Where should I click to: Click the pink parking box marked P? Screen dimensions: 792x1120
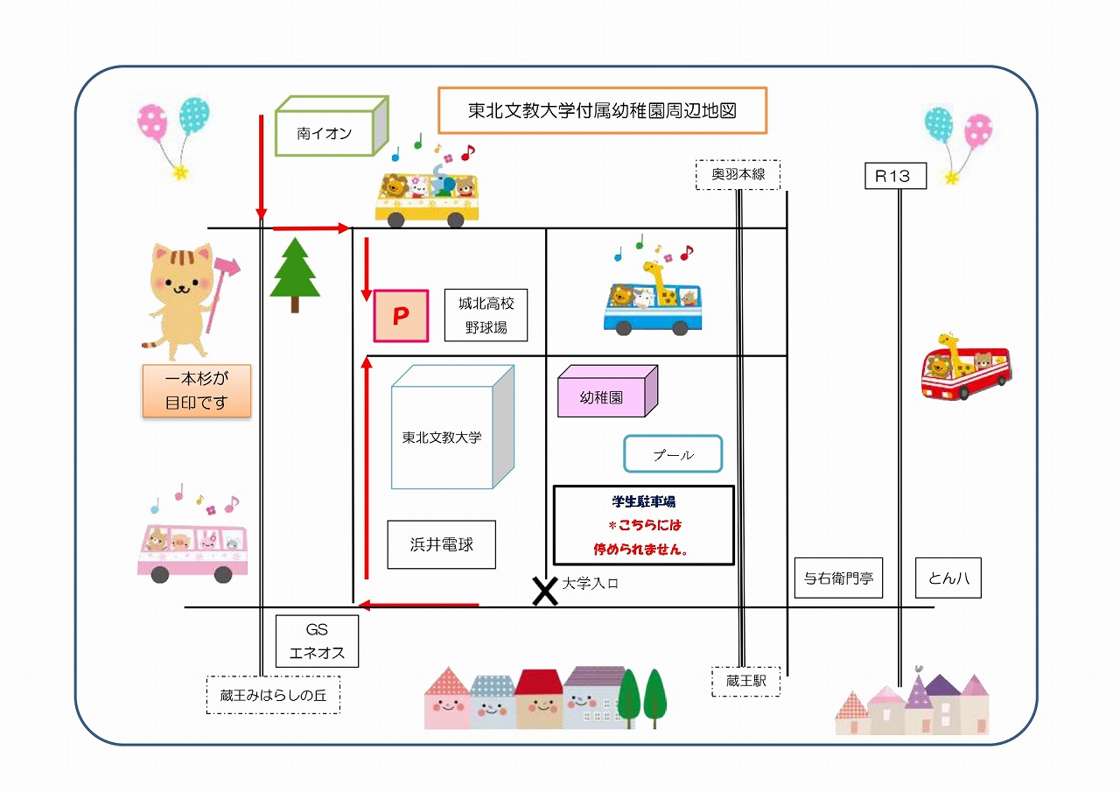402,316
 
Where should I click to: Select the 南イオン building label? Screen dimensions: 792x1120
324,134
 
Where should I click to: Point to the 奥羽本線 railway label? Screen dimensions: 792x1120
738,174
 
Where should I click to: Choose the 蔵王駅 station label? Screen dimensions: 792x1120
745,680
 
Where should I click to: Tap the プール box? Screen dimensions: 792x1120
673,455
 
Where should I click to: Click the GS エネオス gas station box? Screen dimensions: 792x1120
317,641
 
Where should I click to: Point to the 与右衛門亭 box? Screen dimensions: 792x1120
838,578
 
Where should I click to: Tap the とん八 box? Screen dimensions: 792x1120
948,578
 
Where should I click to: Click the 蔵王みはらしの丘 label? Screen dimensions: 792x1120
273,695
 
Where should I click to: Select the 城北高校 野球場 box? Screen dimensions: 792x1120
486,315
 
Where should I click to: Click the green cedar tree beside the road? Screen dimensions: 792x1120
295,274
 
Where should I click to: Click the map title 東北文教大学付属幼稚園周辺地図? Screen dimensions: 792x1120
602,110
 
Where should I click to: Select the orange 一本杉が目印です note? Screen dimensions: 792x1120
197,390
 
